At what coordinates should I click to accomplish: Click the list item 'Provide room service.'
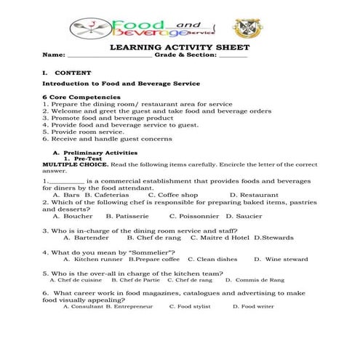point(80,132)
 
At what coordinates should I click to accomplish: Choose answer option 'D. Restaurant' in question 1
point(254,195)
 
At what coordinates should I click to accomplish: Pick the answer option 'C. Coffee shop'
point(173,195)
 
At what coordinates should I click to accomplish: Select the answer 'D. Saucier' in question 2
point(244,216)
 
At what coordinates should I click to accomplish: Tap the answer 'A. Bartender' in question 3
point(86,237)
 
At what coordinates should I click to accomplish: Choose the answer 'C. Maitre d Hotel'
point(220,237)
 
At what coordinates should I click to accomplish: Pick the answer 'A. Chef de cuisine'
point(76,279)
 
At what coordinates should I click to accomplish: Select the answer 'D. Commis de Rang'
point(255,279)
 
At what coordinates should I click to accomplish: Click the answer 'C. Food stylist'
point(189,307)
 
